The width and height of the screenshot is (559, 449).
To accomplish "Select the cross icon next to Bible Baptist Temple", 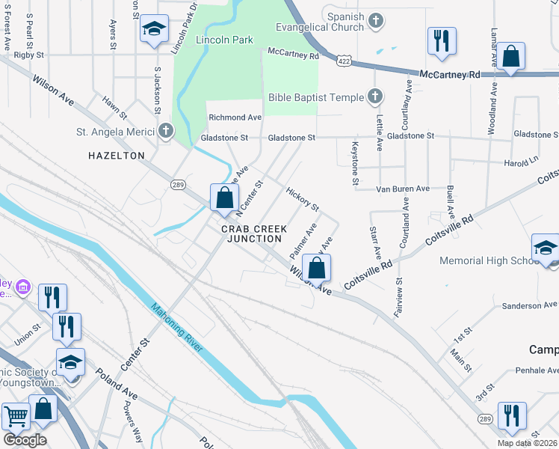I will [375, 97].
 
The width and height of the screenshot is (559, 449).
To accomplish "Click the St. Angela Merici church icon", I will [166, 132].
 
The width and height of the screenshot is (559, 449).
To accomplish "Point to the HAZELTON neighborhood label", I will [116, 156].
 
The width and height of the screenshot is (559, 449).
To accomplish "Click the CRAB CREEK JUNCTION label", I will [255, 233].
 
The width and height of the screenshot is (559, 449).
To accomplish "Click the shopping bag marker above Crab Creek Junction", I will [224, 198].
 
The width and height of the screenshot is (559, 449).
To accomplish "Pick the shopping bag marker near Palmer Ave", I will [317, 267].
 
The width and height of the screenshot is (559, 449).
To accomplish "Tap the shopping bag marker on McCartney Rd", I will [512, 55].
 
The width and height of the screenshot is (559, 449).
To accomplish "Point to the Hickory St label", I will [303, 198].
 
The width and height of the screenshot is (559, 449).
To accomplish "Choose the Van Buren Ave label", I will [403, 189].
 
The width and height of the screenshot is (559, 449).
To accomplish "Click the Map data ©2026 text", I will [527, 443].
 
